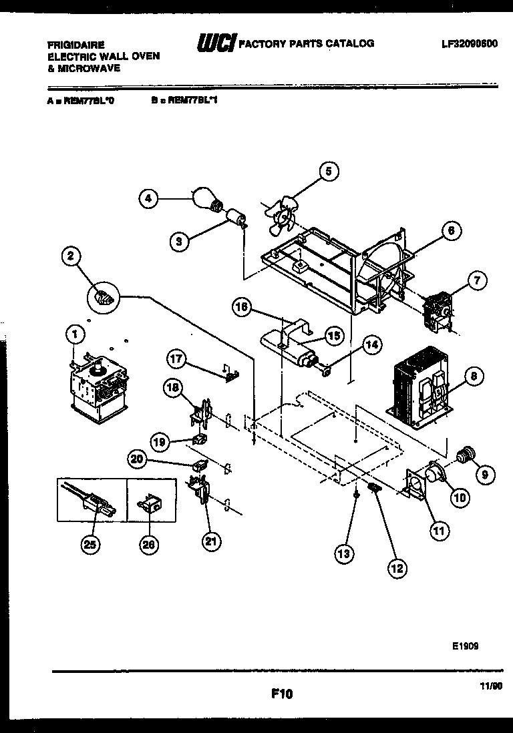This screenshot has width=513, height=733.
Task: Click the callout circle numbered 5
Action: pos(327,171)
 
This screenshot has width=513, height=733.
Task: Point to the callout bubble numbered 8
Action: pos(473,377)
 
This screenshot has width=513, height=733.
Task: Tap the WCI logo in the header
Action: pos(214,44)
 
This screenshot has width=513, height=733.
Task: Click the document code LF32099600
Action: pos(469,43)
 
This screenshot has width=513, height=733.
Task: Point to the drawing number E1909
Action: pos(464,646)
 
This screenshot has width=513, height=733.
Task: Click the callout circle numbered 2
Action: pos(71,256)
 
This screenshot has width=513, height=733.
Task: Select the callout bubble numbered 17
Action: pos(176,360)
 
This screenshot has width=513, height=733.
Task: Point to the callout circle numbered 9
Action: pos(484,475)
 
